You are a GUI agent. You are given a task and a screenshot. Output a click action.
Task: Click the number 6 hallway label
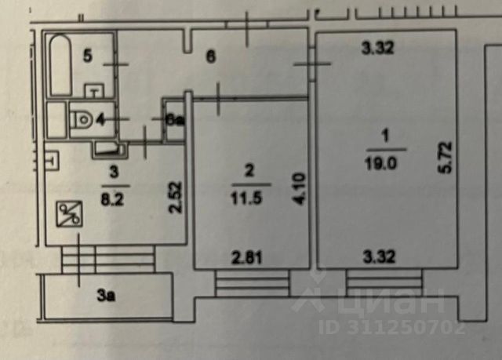pyautogui.click(x=210, y=56)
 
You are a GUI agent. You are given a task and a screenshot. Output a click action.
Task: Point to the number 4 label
pyautogui.click(x=100, y=119)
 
